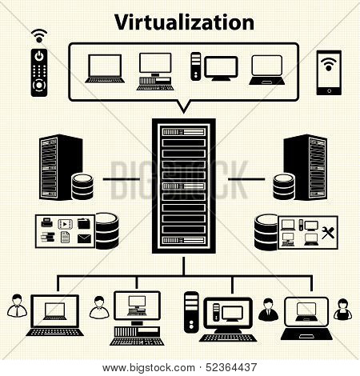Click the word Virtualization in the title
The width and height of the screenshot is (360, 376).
pyautogui.click(x=184, y=22)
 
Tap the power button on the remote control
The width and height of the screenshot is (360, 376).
pyautogui.click(x=39, y=56)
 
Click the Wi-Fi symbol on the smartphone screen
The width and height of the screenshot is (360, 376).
pyautogui.click(x=329, y=64)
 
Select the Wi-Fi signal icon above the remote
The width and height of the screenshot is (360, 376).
pyautogui.click(x=39, y=36)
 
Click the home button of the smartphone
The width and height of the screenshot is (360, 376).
pyautogui.click(x=329, y=90)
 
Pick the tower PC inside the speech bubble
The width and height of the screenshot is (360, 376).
pyautogui.click(x=196, y=66)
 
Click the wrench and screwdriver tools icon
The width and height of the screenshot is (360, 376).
pyautogui.click(x=328, y=233)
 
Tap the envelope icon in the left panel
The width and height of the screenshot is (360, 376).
pyautogui.click(x=84, y=238)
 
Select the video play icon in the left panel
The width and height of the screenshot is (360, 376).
pyautogui.click(x=66, y=224)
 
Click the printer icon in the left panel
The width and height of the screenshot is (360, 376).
pyautogui.click(x=47, y=222)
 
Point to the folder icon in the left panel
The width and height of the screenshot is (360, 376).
pyautogui.click(x=84, y=223)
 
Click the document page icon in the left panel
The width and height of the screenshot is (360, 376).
pyautogui.click(x=65, y=237)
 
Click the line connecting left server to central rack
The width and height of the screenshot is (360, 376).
pyautogui.click(x=122, y=179)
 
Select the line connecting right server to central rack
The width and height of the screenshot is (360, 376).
pyautogui.click(x=246, y=179)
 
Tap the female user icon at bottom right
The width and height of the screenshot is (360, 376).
pyautogui.click(x=342, y=309)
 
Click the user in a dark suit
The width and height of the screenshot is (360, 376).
pyautogui.click(x=268, y=310)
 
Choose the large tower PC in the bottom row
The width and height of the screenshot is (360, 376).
pyautogui.click(x=191, y=312)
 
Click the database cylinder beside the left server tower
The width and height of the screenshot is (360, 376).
pyautogui.click(x=82, y=186)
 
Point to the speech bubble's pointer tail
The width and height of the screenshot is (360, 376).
pyautogui.click(x=183, y=106)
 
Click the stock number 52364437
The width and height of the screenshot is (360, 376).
pyautogui.click(x=231, y=368)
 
